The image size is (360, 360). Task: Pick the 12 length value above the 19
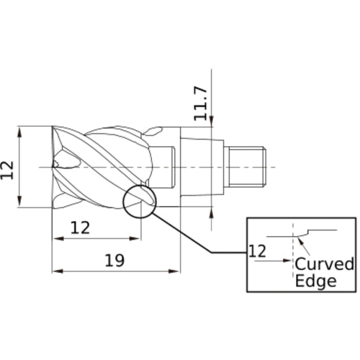[81, 228]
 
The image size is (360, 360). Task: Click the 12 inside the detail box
[256, 251]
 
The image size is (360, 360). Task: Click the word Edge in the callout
[316, 281]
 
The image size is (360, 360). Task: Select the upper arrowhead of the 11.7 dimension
[212, 123]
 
